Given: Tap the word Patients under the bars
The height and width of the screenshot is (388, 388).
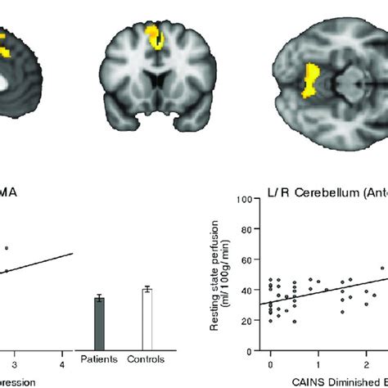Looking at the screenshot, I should (x=99, y=359).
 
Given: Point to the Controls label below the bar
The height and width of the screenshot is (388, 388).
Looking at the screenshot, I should (x=148, y=359).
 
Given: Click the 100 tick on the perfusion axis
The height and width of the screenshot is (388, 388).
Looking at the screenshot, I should (x=244, y=199).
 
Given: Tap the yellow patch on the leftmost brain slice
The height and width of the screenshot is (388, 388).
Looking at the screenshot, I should (x=4, y=45).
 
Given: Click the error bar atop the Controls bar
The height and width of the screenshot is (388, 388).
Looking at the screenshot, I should (x=148, y=288).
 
